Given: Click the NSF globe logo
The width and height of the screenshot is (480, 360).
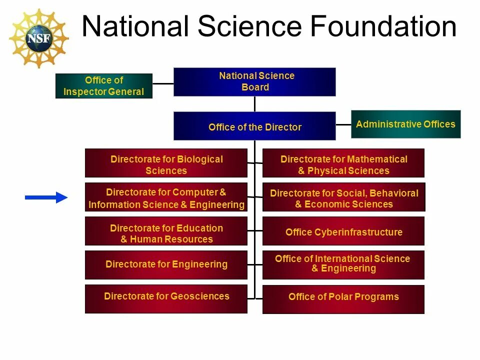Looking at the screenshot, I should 39,38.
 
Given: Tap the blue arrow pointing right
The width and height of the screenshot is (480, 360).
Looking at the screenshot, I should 46,197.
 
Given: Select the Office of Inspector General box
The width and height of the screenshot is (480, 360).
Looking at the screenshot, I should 103,86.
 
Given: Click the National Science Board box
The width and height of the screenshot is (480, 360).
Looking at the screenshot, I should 254,81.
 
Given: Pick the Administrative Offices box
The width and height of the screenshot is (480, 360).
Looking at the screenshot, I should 405,124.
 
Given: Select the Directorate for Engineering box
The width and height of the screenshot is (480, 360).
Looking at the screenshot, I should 166,265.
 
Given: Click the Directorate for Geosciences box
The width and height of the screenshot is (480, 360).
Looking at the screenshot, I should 166,298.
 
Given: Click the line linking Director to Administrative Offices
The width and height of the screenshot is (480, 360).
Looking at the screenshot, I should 343,124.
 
